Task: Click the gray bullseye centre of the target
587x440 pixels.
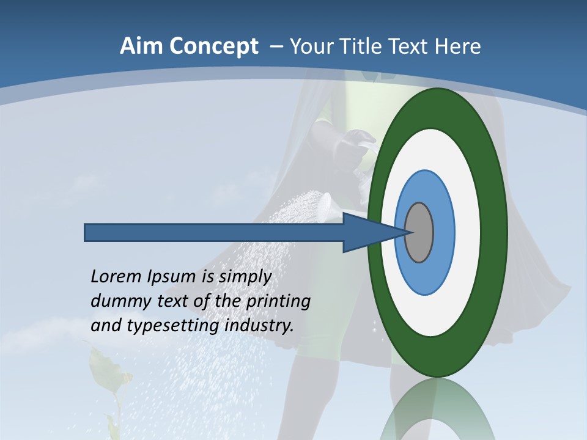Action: [419, 232]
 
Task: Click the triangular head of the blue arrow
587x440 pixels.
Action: [367, 232]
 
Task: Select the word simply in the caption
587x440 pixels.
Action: [245, 277]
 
